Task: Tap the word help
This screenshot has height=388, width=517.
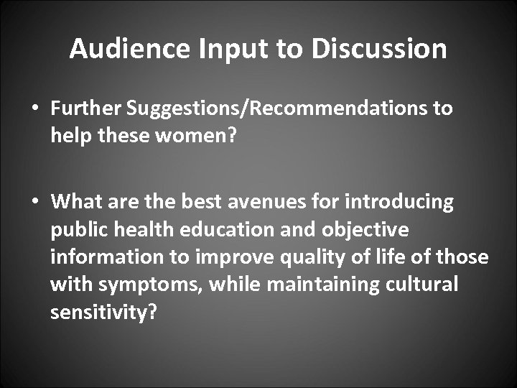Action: click(67, 136)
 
